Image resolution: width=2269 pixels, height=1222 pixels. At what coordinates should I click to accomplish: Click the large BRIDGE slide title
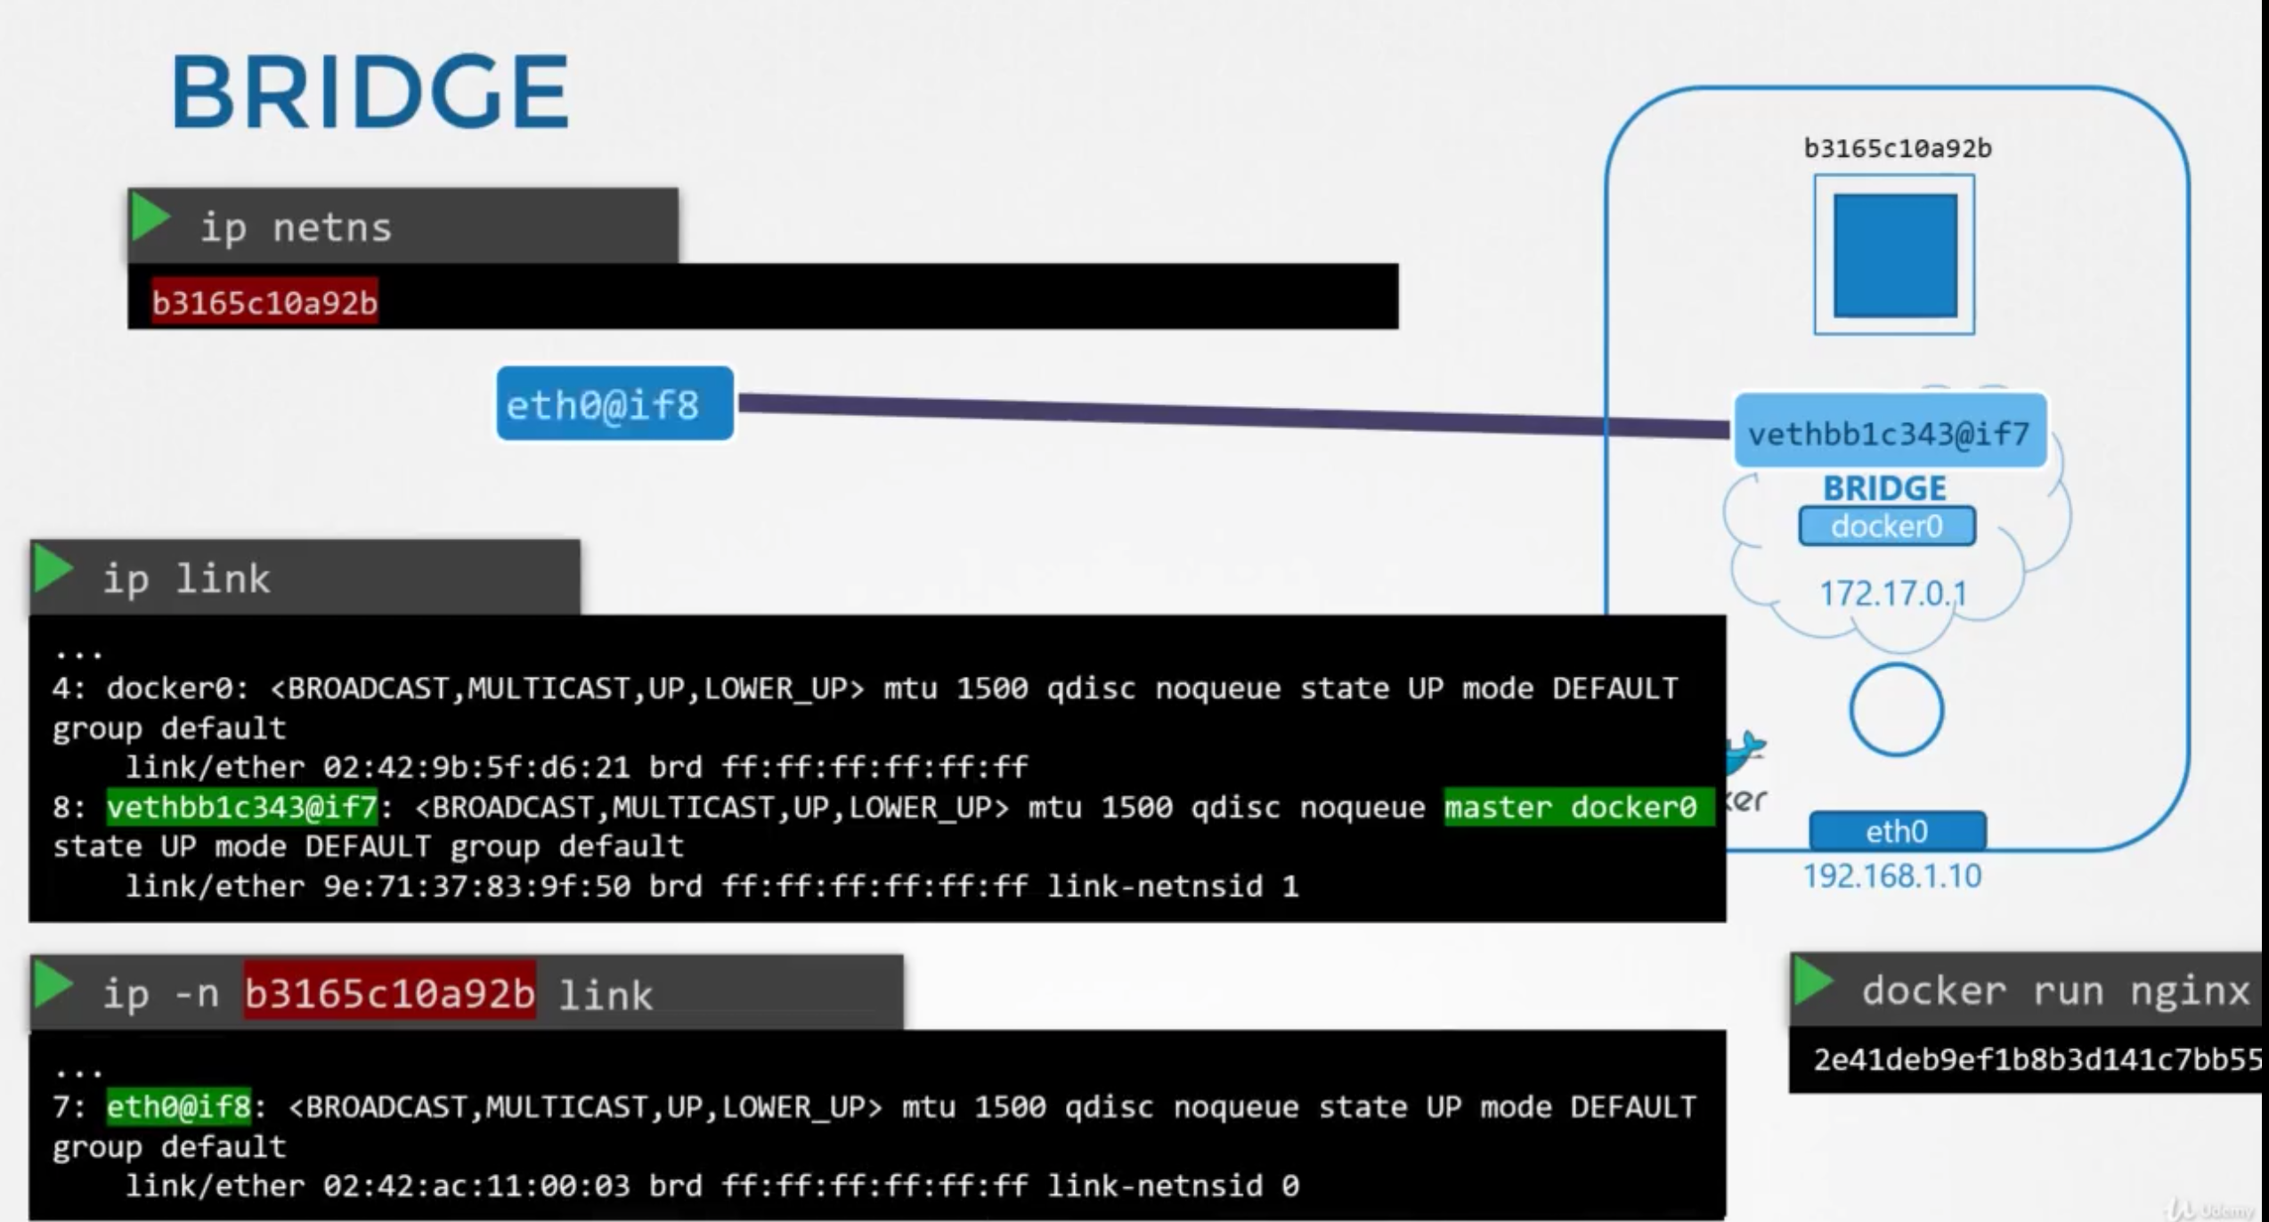369,92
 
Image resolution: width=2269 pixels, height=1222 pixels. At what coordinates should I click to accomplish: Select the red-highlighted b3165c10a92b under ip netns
264,303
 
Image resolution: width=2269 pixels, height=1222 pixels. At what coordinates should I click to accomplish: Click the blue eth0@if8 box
614,404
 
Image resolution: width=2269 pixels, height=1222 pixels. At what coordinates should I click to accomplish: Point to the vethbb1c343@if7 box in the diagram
1889,433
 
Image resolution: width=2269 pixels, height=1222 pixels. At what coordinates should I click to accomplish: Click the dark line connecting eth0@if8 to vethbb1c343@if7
1229,415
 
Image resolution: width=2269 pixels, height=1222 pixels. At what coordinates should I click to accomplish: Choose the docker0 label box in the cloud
1886,526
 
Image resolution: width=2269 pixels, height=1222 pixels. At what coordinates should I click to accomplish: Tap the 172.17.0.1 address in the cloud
1892,593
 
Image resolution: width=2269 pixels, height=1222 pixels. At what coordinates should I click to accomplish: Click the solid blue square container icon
1895,256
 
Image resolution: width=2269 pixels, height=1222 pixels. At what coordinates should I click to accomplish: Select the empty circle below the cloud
1896,710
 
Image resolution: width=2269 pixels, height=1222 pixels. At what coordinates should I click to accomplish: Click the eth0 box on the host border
1897,831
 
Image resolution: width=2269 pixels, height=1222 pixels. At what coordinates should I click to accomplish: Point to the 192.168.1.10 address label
1892,876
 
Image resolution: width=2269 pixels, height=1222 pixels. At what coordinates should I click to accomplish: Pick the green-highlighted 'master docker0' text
1571,807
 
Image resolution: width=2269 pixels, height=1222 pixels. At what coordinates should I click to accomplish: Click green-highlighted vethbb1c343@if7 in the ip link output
242,807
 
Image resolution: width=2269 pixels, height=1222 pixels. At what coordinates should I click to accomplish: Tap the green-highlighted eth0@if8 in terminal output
179,1106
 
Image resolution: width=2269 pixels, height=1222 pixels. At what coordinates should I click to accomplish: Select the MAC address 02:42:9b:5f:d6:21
476,767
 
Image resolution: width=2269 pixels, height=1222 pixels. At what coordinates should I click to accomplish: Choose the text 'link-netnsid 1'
1173,886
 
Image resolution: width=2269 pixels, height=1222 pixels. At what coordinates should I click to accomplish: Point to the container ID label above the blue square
1898,148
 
